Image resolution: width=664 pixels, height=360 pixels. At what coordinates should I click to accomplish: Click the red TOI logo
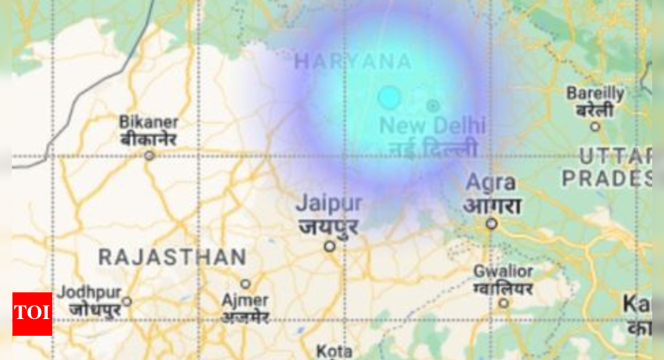click(x=32, y=313)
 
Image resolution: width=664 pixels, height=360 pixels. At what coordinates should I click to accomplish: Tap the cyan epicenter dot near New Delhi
click(x=389, y=97)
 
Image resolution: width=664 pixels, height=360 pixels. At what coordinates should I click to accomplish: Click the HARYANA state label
click(x=353, y=61)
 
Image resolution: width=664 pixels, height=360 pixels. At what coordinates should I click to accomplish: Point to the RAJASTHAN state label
click(x=173, y=257)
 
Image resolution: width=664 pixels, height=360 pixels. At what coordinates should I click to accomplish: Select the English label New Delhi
click(x=432, y=125)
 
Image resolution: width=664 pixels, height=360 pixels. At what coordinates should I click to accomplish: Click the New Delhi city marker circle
click(x=433, y=106)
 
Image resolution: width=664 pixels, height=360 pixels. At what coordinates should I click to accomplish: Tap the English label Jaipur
click(x=329, y=203)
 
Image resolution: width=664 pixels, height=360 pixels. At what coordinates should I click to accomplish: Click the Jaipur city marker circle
click(x=330, y=246)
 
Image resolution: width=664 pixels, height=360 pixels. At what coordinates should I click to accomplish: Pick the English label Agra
click(x=491, y=183)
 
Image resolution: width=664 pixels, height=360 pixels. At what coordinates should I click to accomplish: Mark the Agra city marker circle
click(x=491, y=223)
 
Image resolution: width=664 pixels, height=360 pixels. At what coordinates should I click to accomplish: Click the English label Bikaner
click(x=148, y=122)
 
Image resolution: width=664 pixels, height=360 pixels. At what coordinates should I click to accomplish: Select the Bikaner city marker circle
click(x=149, y=155)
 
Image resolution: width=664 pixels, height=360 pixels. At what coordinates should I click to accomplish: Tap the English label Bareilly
click(x=594, y=94)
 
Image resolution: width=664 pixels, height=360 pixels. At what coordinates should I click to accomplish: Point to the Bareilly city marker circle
click(x=595, y=127)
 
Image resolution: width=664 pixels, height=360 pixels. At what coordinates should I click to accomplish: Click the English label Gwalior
click(x=503, y=271)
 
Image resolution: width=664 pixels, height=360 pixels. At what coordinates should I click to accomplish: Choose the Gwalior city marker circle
click(x=504, y=303)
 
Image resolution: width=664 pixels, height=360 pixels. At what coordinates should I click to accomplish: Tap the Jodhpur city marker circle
click(x=127, y=302)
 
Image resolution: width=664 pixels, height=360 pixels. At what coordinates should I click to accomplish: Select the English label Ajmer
click(x=245, y=300)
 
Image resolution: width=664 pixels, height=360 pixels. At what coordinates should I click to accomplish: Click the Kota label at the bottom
click(x=334, y=351)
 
